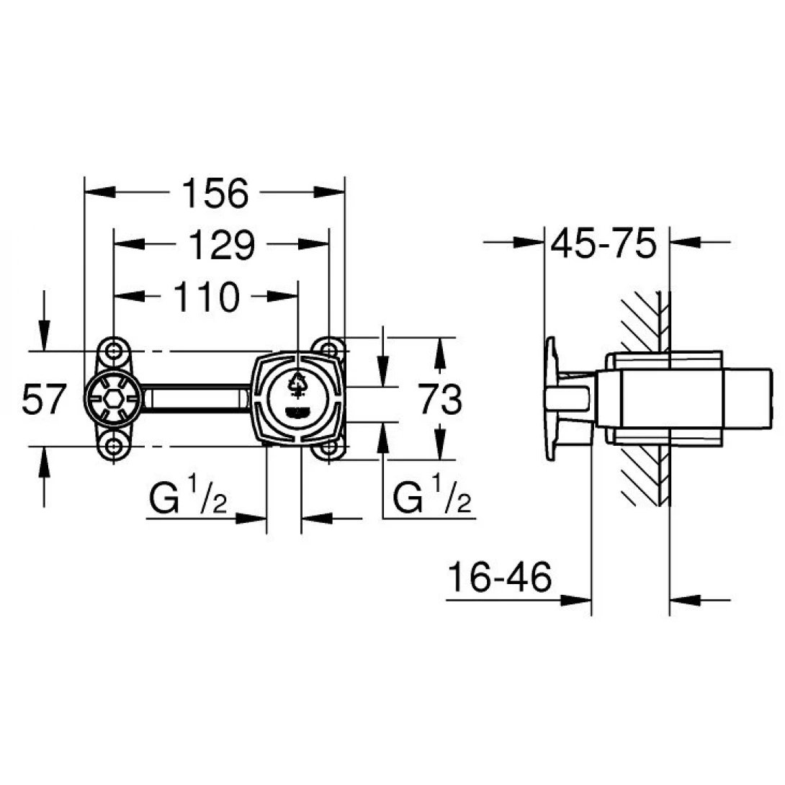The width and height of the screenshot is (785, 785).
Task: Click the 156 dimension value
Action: [x=215, y=193]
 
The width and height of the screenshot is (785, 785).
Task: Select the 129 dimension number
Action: [x=222, y=245]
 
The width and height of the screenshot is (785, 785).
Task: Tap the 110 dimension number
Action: [x=206, y=297]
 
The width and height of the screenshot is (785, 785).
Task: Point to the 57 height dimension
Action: [x=44, y=399]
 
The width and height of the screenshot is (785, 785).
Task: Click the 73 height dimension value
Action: [x=440, y=399]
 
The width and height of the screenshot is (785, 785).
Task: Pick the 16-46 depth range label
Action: [x=500, y=576]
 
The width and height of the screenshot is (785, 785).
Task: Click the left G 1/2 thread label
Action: [x=188, y=495]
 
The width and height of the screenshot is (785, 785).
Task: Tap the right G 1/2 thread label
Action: [x=432, y=495]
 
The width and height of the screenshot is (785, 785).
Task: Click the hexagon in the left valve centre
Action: [x=113, y=399]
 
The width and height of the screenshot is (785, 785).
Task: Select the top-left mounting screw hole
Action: [x=114, y=351]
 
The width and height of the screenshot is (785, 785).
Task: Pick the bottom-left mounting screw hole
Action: [x=114, y=447]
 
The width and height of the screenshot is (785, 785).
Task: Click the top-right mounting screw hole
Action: [x=328, y=349]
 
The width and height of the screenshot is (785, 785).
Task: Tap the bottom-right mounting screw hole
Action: [x=328, y=447]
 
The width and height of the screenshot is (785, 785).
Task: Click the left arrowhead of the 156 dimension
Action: [x=100, y=192]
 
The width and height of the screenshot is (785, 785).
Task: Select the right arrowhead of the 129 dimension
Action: [x=313, y=244]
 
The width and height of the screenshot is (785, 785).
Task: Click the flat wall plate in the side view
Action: [x=551, y=398]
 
